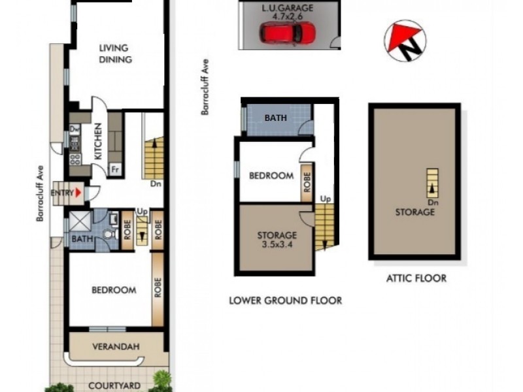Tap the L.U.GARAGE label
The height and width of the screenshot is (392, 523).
[x=287, y=7]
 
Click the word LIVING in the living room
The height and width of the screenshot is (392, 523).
[x=114, y=48]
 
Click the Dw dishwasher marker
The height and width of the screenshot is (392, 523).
[x=74, y=129]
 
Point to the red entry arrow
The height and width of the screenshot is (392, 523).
[x=79, y=193]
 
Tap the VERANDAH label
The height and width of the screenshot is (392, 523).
[x=117, y=346]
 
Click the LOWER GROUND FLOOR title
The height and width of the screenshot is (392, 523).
[x=285, y=301]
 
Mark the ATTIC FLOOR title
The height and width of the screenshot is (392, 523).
[x=415, y=278]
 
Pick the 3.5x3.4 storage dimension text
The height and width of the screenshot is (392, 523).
[x=277, y=245]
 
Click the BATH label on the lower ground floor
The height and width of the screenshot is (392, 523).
[x=275, y=118]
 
